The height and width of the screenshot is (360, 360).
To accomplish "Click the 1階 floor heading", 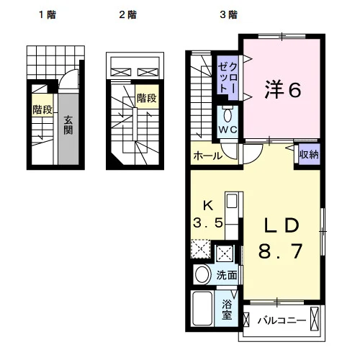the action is [x=48, y=15].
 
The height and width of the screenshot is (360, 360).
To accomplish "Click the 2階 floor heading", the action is [x=128, y=15].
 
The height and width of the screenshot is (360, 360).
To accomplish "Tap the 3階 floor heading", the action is [x=229, y=15].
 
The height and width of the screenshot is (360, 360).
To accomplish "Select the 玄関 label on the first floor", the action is [x=68, y=125].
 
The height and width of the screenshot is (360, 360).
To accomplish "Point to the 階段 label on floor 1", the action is [x=42, y=109].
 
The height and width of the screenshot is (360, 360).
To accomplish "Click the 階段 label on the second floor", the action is [x=147, y=98].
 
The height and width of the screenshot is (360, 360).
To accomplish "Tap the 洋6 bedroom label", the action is [x=283, y=89].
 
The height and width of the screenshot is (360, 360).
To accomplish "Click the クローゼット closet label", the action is [x=228, y=78].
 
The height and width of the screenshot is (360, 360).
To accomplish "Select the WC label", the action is [x=228, y=130].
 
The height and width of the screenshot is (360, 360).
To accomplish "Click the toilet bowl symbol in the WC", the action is [x=228, y=115].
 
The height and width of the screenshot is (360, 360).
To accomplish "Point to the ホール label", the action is [x=208, y=156].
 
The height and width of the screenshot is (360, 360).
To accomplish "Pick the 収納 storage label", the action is [x=309, y=154].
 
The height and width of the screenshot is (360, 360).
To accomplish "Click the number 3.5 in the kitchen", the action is [x=208, y=222].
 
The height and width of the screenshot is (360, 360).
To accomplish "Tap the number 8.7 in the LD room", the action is [x=280, y=251].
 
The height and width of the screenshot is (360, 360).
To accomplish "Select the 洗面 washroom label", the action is [x=227, y=275].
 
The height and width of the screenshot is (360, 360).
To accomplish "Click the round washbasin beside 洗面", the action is [x=202, y=274].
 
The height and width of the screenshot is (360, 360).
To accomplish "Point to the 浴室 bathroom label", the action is [x=227, y=310].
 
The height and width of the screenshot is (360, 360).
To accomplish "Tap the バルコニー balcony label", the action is [x=282, y=320].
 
